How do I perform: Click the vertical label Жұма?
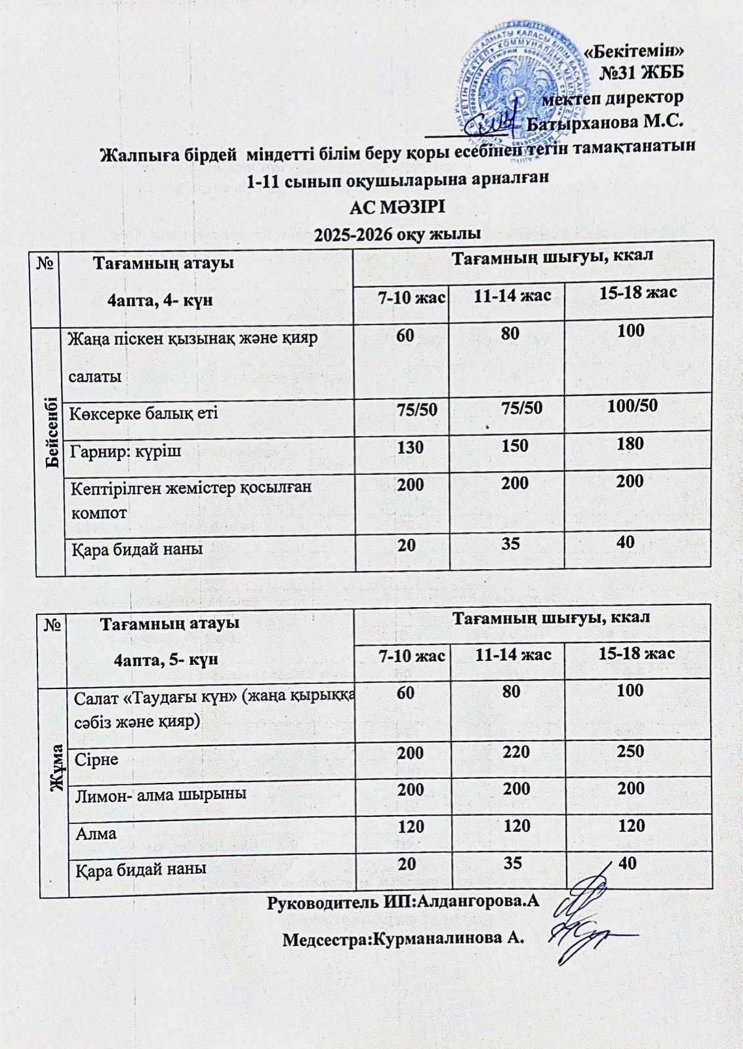[x=57, y=767]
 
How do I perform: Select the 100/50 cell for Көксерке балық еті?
[x=632, y=406]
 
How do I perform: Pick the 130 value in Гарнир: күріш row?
[x=410, y=447]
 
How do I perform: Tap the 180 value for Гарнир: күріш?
[x=630, y=444]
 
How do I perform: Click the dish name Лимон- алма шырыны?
[x=161, y=794]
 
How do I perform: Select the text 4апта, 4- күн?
[x=160, y=301]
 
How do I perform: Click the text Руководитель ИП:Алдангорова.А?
[x=403, y=901]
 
